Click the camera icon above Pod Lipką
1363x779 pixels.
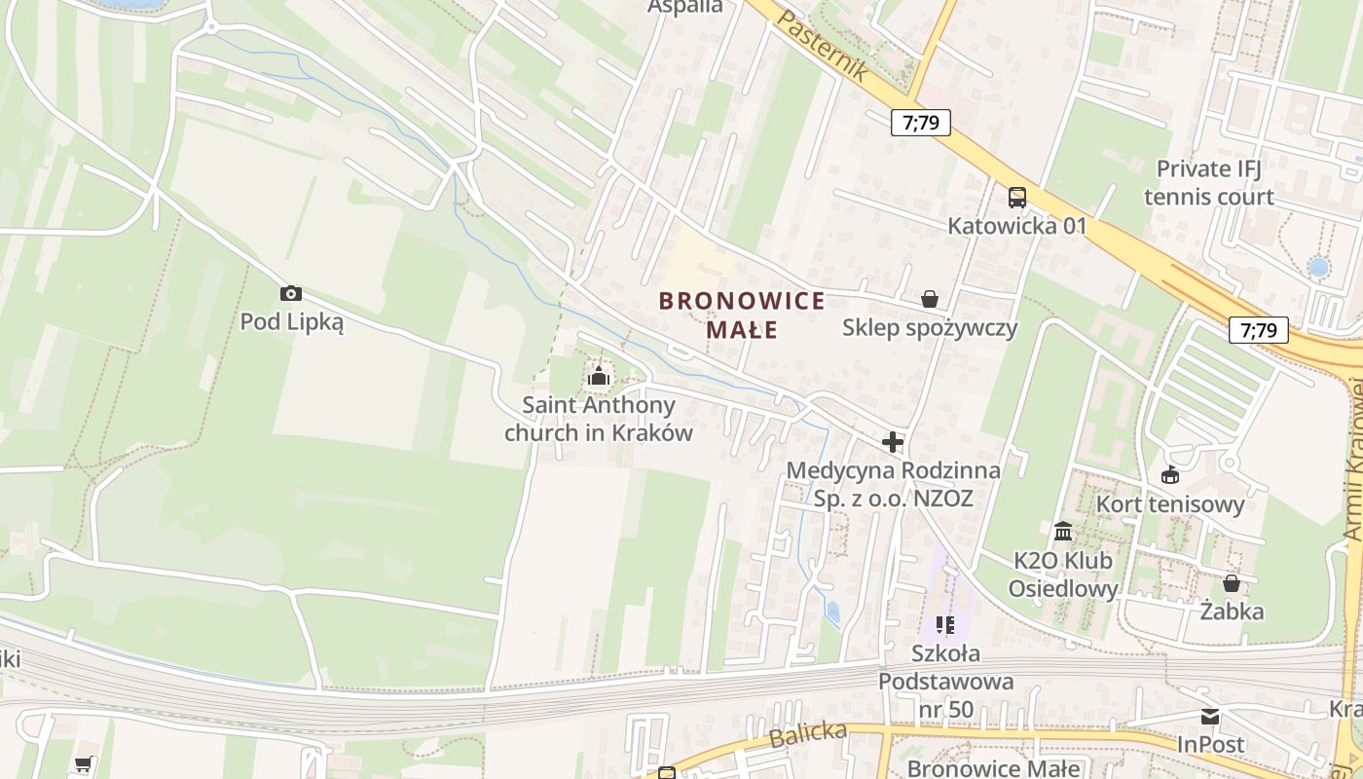pyautogui.click(x=290, y=293)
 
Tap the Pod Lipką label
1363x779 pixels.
pyautogui.click(x=292, y=322)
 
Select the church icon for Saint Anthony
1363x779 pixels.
pyautogui.click(x=598, y=376)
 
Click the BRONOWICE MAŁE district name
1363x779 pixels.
pyautogui.click(x=742, y=315)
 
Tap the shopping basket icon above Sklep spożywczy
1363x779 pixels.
pyautogui.click(x=930, y=298)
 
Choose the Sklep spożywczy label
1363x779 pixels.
pyautogui.click(x=930, y=327)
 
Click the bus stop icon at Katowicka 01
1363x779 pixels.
pyautogui.click(x=1016, y=198)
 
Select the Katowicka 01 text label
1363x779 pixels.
pyautogui.click(x=1017, y=226)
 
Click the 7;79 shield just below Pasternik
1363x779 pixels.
pyautogui.click(x=920, y=122)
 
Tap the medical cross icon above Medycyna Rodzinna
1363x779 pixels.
pyautogui.click(x=892, y=442)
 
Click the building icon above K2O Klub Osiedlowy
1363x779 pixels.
pyautogui.click(x=1063, y=532)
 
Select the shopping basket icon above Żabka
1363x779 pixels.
pyautogui.click(x=1232, y=583)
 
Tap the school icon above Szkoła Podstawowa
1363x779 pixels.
pyautogui.click(x=944, y=624)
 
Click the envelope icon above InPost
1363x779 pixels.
pyautogui.click(x=1210, y=717)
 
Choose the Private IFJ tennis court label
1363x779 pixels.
pyautogui.click(x=1209, y=182)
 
